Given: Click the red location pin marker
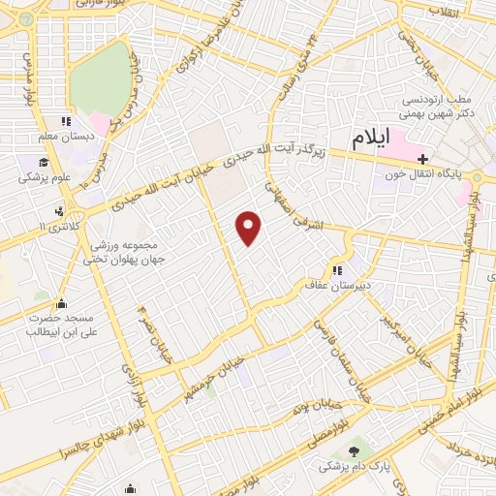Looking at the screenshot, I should tap(250, 228).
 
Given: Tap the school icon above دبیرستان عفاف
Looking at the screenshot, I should tap(338, 270).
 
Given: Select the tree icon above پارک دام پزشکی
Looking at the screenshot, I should tap(352, 450).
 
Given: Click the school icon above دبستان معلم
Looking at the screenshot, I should tap(66, 122).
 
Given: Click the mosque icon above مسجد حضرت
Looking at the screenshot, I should tap(62, 301).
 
